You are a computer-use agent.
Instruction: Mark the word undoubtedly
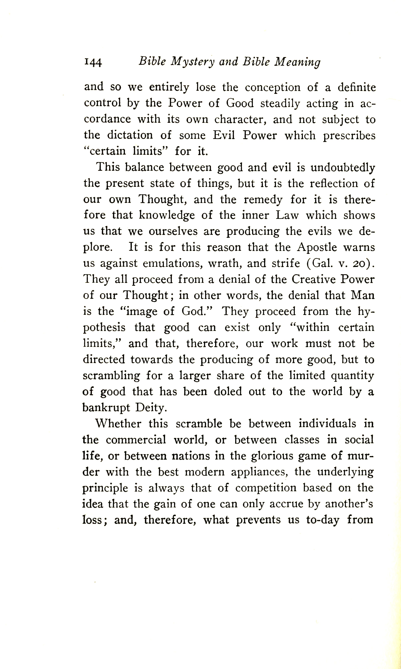tap(343, 168)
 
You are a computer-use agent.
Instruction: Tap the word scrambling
tap(111, 376)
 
